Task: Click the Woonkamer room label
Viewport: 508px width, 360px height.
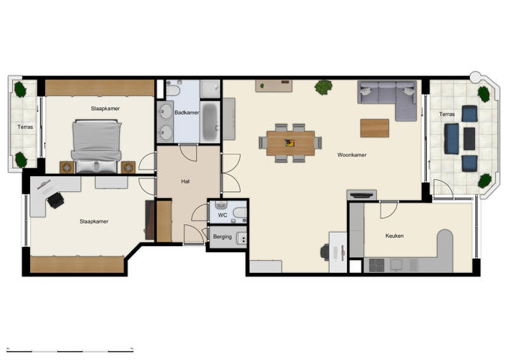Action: tap(351, 155)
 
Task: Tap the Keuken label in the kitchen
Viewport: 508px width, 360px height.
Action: tap(394, 236)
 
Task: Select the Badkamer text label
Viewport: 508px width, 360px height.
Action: tap(186, 112)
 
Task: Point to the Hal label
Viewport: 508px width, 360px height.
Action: tap(185, 181)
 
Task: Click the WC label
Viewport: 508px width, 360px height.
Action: tap(223, 215)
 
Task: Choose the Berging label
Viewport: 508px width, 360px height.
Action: tap(222, 237)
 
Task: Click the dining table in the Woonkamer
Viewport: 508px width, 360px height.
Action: tap(291, 142)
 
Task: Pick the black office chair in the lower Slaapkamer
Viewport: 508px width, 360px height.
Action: tap(55, 199)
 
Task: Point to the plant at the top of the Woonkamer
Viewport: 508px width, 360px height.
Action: tap(324, 87)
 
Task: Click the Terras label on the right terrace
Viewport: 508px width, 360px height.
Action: tap(447, 115)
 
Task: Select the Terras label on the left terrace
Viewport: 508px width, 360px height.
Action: tap(25, 127)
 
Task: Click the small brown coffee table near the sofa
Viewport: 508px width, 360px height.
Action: tap(375, 127)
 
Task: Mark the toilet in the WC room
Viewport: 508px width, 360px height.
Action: tap(238, 213)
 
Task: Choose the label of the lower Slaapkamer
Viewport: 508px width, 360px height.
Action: tap(94, 221)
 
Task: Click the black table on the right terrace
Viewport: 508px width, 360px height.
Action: tap(469, 138)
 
